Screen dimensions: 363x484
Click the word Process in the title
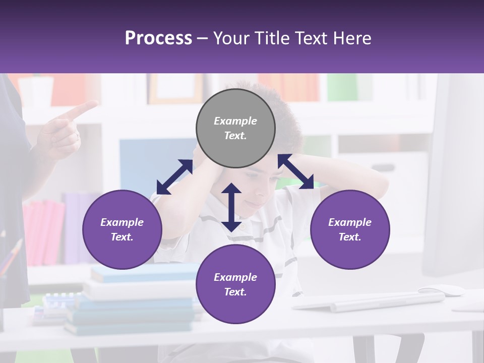158,38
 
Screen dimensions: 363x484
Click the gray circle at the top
235,128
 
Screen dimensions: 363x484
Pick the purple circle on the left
122,229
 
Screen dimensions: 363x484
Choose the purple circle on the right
350,229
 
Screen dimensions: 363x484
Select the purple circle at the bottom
235,284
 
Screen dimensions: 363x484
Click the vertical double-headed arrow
231,207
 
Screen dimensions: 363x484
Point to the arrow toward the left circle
174,177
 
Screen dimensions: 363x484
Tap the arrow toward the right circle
296,171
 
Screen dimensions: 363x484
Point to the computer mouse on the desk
441,290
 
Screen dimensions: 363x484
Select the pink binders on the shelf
43,231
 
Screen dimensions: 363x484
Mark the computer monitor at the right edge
454,176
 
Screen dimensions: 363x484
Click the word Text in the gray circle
235,136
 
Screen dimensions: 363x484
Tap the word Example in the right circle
350,222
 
